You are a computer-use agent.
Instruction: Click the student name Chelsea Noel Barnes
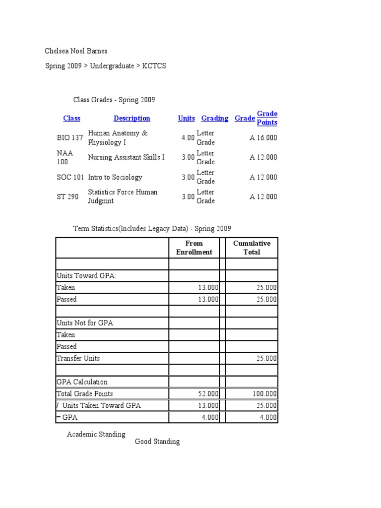(76, 51)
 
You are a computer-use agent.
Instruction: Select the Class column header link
(71, 118)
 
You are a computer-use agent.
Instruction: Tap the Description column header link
(131, 118)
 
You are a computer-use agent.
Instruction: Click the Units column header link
(187, 118)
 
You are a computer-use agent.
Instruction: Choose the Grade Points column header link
(267, 118)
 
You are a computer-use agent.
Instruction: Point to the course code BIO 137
(70, 138)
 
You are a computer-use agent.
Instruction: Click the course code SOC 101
(70, 177)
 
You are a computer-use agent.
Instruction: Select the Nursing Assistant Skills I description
(126, 157)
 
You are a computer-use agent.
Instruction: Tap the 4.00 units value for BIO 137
(188, 138)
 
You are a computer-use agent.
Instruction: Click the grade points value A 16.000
(263, 138)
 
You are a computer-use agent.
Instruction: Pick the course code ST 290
(67, 196)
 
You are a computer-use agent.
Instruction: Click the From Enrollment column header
(194, 248)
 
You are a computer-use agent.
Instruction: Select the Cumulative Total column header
(252, 248)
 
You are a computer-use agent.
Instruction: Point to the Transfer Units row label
(78, 358)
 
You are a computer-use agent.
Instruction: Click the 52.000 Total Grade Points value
(208, 394)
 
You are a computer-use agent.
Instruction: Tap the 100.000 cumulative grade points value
(265, 394)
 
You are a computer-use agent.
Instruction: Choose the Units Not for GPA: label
(85, 323)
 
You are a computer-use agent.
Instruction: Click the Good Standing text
(157, 442)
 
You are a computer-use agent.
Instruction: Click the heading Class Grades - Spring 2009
(114, 100)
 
